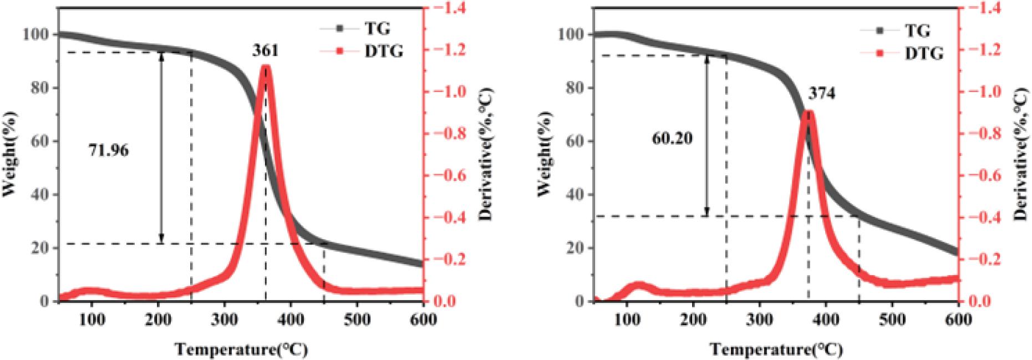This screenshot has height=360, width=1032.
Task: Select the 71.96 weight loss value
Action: pos(109,150)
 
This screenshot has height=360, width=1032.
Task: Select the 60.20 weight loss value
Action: pos(672,138)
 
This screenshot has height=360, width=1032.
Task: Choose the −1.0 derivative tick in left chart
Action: pos(446,92)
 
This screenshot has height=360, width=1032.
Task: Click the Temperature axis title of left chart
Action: pos(241,349)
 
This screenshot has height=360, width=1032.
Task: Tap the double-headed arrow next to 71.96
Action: pos(161,148)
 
